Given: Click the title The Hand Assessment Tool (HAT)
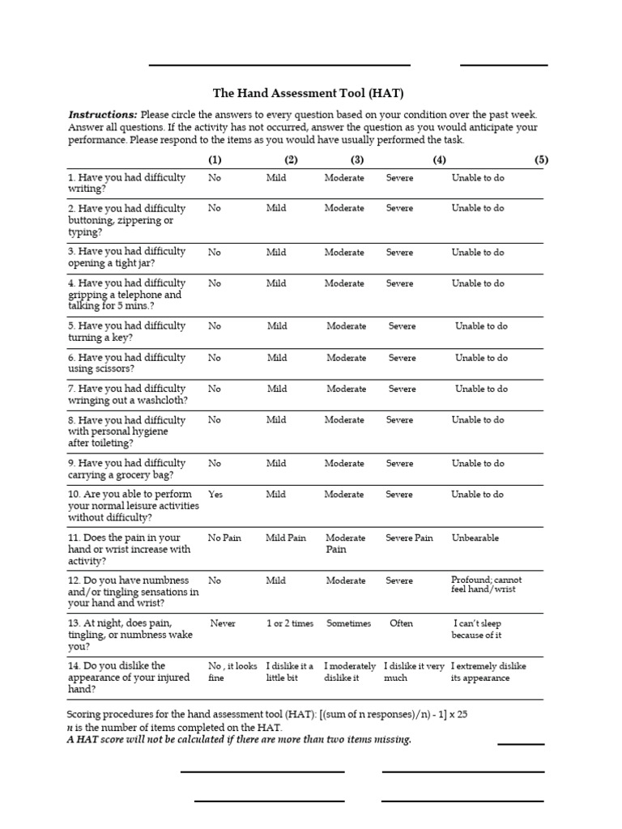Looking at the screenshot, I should click(307, 93).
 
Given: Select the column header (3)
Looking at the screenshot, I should click(357, 159).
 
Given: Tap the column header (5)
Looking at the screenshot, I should click(541, 159).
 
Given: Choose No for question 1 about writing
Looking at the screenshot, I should click(214, 177).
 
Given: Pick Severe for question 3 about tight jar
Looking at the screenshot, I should click(399, 253).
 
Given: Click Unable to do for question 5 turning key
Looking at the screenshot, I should click(481, 326).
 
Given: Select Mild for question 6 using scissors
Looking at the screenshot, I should click(277, 358).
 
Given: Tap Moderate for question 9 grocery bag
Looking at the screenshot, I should click(344, 464).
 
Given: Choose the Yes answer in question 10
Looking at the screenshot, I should click(215, 495).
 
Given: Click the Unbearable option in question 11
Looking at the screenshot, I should click(475, 538).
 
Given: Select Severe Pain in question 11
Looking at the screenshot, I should click(409, 538).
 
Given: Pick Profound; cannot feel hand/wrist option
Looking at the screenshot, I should click(486, 585).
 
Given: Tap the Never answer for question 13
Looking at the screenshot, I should click(224, 624).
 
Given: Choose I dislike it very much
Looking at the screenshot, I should click(413, 672).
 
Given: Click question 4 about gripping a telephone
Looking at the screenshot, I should click(126, 295).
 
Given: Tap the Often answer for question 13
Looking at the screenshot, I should click(401, 624).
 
